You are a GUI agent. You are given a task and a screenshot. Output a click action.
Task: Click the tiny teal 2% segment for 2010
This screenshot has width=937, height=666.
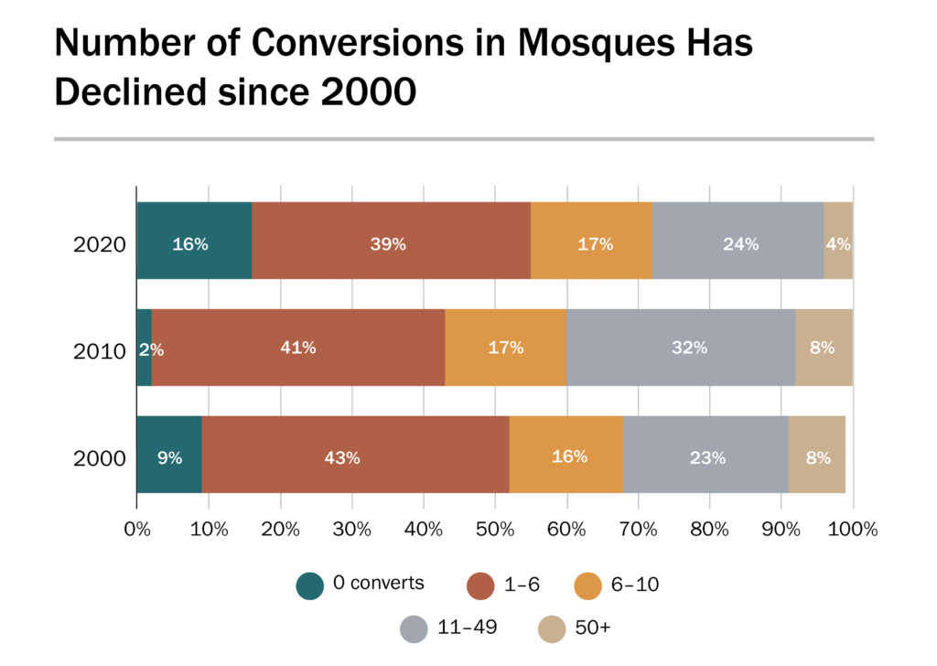pos(144,348)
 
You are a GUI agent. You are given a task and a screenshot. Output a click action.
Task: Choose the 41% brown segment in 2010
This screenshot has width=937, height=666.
pos(298,348)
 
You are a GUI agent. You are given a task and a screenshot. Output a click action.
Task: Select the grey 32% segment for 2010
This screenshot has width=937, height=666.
pos(681,348)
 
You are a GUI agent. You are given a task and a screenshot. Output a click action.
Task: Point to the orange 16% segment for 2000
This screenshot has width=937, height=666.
pos(566,455)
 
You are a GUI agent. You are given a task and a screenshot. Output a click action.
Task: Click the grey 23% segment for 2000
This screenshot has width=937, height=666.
pos(705,455)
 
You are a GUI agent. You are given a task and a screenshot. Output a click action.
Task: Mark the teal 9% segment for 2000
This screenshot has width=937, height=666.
pos(169,455)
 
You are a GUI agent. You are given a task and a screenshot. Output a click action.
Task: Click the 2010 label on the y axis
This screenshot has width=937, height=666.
pos(99,351)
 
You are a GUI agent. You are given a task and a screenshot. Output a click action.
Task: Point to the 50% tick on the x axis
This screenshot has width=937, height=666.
pos(495,529)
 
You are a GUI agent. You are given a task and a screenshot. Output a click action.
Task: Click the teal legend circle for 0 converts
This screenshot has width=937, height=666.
pos(310,585)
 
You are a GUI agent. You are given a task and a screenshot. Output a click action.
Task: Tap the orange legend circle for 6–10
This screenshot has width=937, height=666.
pos(587,585)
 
